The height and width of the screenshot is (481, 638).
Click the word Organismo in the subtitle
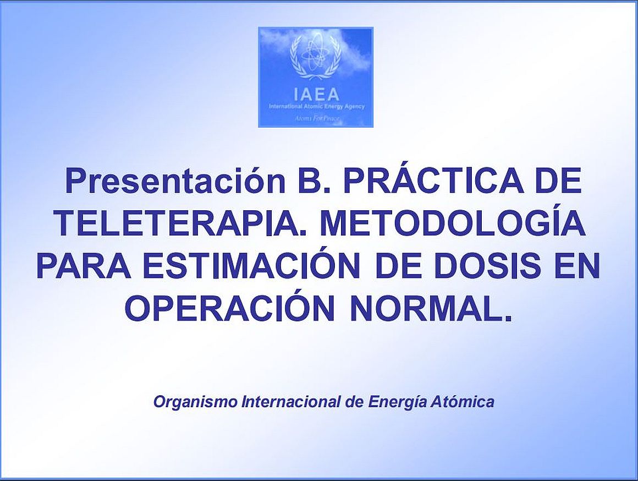coord(195,402)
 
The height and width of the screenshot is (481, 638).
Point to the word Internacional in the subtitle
coord(291,402)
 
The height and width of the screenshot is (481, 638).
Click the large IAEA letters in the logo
coord(316,95)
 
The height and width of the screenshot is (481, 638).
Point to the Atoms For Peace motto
coord(316,119)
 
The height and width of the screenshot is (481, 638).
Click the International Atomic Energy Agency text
coord(316,107)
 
